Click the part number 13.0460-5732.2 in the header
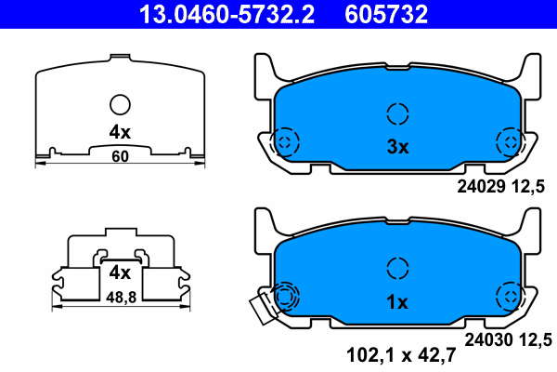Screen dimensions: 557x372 pyautogui.click(x=227, y=14)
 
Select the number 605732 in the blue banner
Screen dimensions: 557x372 pyautogui.click(x=386, y=14)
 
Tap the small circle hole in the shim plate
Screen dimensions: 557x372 pyautogui.click(x=120, y=105)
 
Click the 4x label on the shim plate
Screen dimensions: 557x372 pyautogui.click(x=120, y=132)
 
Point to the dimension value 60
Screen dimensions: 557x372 pyautogui.click(x=120, y=156)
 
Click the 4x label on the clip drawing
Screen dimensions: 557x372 pyautogui.click(x=120, y=273)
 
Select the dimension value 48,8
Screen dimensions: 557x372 pyautogui.click(x=121, y=298)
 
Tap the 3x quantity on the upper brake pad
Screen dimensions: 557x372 pyautogui.click(x=398, y=147)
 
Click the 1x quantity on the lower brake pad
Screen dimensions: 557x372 pyautogui.click(x=398, y=302)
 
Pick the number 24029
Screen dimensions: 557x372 pyautogui.click(x=481, y=186)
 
